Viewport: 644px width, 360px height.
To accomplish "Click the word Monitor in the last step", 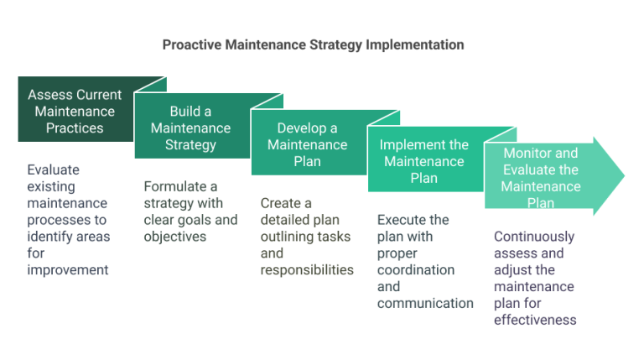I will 526,154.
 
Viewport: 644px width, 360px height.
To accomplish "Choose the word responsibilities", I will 306,270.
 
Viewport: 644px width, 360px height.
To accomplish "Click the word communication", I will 425,303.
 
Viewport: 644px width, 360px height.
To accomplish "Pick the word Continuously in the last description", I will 533,237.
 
